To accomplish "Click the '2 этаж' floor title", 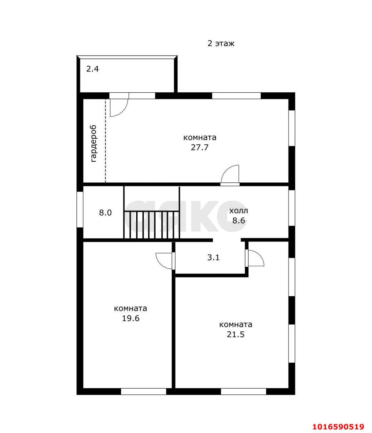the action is (221, 44).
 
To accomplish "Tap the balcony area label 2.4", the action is (92, 69).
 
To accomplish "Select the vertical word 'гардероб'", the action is (93, 144).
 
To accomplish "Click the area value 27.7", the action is (200, 147).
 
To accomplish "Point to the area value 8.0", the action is (106, 213).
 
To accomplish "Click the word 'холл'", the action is (238, 211).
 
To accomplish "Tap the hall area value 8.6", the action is (238, 220).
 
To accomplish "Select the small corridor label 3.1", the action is (213, 257).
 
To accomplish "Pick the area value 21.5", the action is (236, 335).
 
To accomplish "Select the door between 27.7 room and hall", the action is (230, 175).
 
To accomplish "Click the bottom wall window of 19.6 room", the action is (143, 391).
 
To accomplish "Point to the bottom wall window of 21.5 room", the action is (243, 391).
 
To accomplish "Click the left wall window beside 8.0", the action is (80, 209).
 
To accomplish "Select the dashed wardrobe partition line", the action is (106, 140).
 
